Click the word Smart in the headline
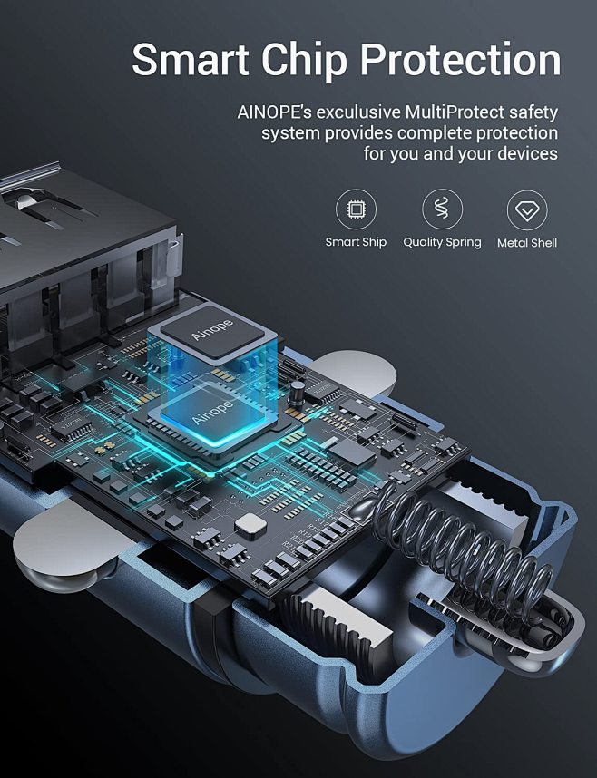191,59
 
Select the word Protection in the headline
460,60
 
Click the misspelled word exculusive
358,112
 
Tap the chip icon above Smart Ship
356,209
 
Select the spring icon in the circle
442,209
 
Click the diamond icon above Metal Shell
527,210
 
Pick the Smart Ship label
356,242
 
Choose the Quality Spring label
442,242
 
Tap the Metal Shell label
527,243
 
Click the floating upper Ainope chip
212,331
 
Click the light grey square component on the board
250,526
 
